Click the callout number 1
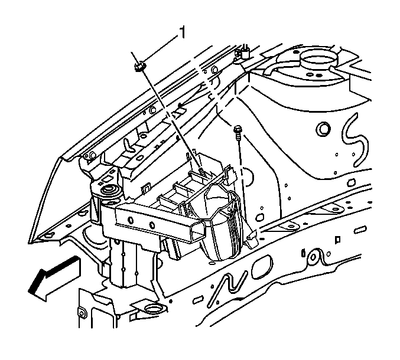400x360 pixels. (183, 32)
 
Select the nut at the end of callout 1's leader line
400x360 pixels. (139, 67)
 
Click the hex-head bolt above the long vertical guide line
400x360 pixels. (238, 130)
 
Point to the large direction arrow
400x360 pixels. (54, 279)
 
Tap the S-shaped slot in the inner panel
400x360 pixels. (355, 140)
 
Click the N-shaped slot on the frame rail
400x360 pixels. (228, 288)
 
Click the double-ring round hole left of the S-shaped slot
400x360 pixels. (323, 129)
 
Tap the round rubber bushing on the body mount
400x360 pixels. (110, 190)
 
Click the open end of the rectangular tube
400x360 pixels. (198, 230)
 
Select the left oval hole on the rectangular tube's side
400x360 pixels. (131, 220)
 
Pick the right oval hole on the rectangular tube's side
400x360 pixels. (152, 225)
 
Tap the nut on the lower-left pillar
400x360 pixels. (82, 313)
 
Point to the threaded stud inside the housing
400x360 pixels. (201, 170)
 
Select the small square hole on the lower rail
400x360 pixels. (337, 239)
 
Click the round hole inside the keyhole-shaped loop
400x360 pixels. (313, 257)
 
